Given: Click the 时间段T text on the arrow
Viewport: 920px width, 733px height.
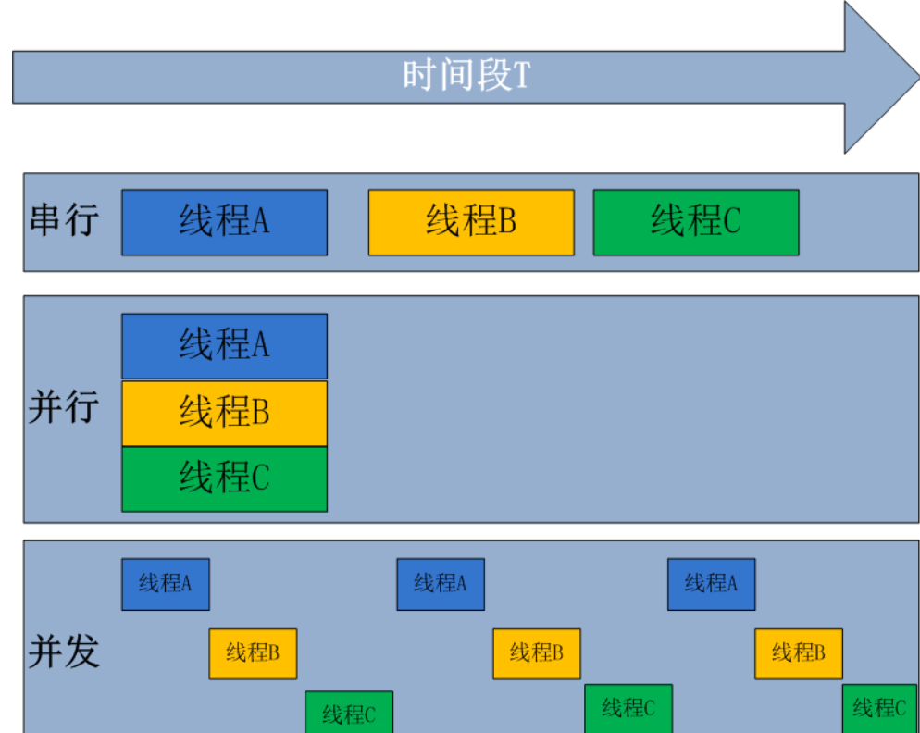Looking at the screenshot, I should click(466, 75).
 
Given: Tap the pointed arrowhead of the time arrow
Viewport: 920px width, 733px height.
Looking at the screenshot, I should click(884, 76).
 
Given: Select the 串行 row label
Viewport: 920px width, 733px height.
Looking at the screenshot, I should click(64, 221).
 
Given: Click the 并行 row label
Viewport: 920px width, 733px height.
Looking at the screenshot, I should click(63, 406).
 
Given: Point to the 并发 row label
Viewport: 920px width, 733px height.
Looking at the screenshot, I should click(63, 652).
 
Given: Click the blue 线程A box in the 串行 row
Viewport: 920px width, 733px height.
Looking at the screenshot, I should click(224, 222).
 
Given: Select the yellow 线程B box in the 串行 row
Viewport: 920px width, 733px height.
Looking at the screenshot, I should click(470, 222).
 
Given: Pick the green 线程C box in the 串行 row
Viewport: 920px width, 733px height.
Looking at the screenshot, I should click(695, 222).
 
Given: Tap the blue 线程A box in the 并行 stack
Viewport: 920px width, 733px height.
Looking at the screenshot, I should click(224, 346).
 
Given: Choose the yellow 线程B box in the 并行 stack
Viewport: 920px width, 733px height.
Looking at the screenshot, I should click(224, 413).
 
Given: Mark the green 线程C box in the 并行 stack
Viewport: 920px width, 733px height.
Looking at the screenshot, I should click(224, 478).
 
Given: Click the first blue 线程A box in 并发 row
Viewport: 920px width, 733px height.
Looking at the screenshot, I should click(166, 584).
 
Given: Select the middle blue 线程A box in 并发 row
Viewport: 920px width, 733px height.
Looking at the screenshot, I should click(440, 584).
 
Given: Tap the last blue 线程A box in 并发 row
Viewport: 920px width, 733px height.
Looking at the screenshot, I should click(711, 584).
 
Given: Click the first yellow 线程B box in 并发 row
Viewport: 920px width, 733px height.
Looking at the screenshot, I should click(253, 653).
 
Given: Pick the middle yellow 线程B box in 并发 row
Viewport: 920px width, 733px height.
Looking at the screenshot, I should click(536, 653).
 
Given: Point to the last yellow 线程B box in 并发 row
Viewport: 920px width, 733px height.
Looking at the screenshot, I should click(798, 653).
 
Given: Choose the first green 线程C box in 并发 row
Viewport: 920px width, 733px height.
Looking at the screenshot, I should click(349, 713).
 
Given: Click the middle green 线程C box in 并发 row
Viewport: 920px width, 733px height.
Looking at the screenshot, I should click(628, 709).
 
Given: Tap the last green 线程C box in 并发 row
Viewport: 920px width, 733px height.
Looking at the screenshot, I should click(879, 709).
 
